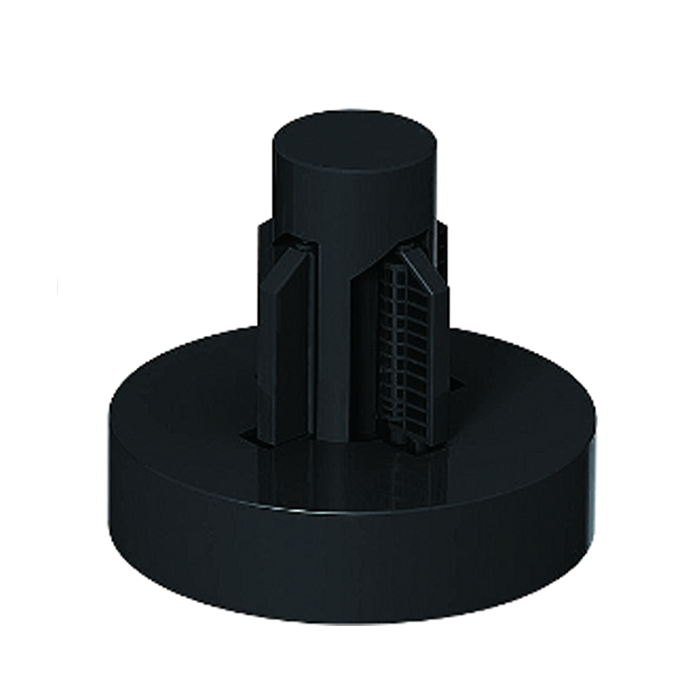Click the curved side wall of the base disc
[349, 571]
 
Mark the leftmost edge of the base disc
[109, 436]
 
